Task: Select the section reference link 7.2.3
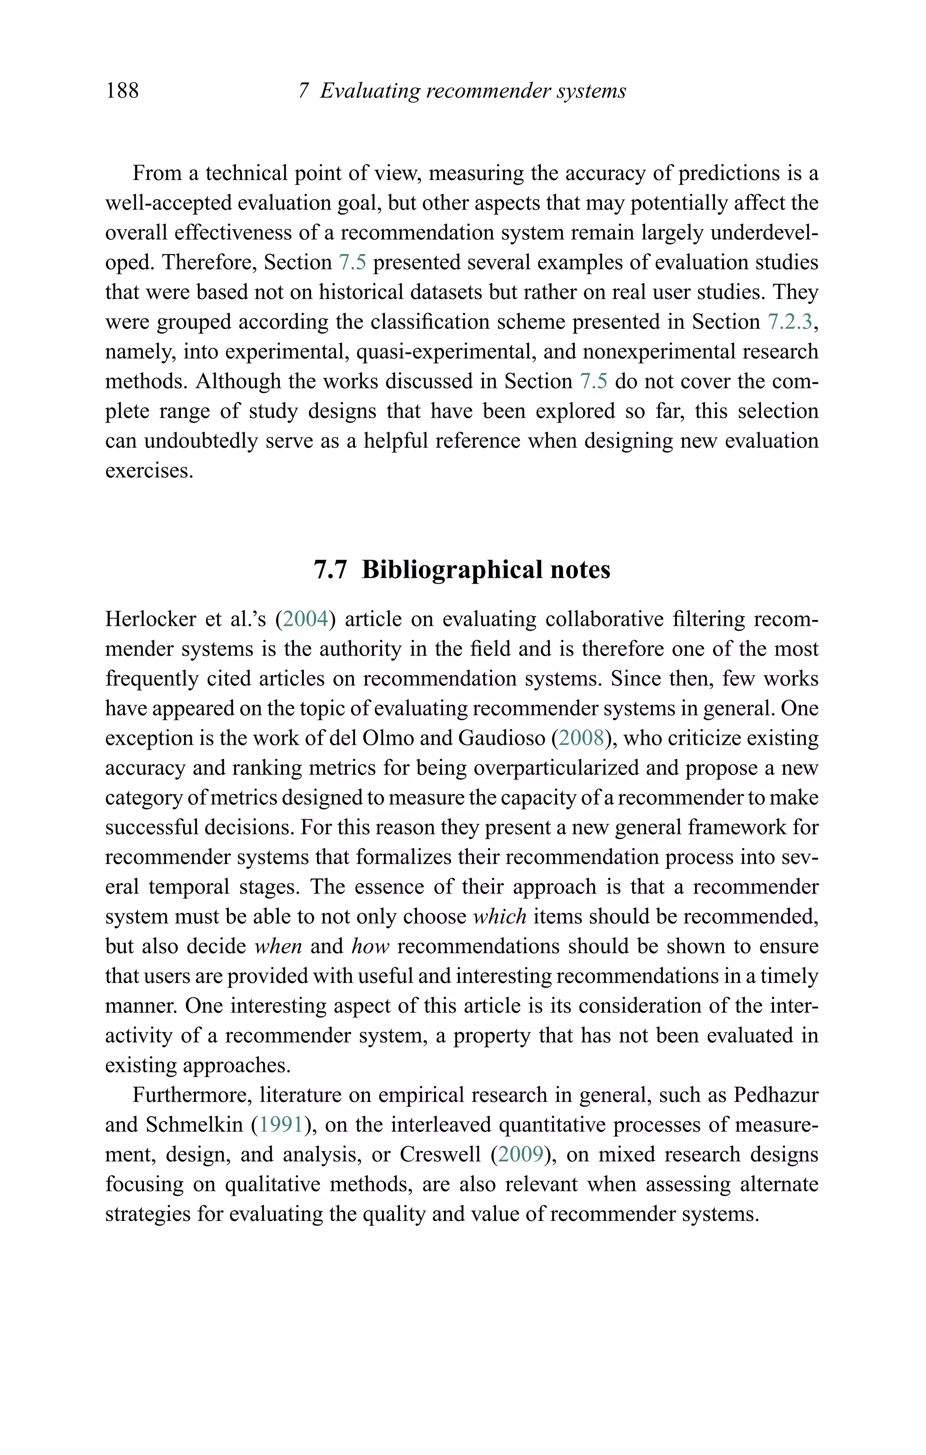tap(790, 321)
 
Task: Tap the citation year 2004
tap(305, 619)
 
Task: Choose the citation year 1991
tap(280, 1124)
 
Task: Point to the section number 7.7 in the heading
tap(331, 570)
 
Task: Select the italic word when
tap(278, 946)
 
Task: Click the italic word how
tap(370, 946)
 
